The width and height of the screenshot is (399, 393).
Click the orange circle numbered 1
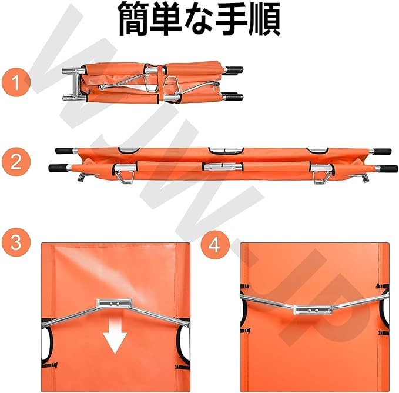(x=16, y=82)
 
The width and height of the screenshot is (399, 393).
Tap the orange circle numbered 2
(x=16, y=162)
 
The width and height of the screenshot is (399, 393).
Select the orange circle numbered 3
(x=16, y=242)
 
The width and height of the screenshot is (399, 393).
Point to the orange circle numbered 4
(x=214, y=245)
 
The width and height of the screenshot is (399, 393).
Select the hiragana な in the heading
(x=199, y=18)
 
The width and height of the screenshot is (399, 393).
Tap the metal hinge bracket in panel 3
(x=114, y=304)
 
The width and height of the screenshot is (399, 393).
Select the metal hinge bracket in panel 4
(x=313, y=309)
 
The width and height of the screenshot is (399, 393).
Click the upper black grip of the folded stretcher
(x=234, y=69)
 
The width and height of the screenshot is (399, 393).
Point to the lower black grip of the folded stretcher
(x=234, y=97)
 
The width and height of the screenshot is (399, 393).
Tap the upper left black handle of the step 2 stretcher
(x=64, y=151)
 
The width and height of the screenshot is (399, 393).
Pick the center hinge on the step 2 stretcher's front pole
(x=223, y=167)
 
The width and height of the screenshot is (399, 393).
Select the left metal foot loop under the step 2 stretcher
(x=125, y=178)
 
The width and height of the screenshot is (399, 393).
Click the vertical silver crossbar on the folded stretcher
(x=75, y=83)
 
